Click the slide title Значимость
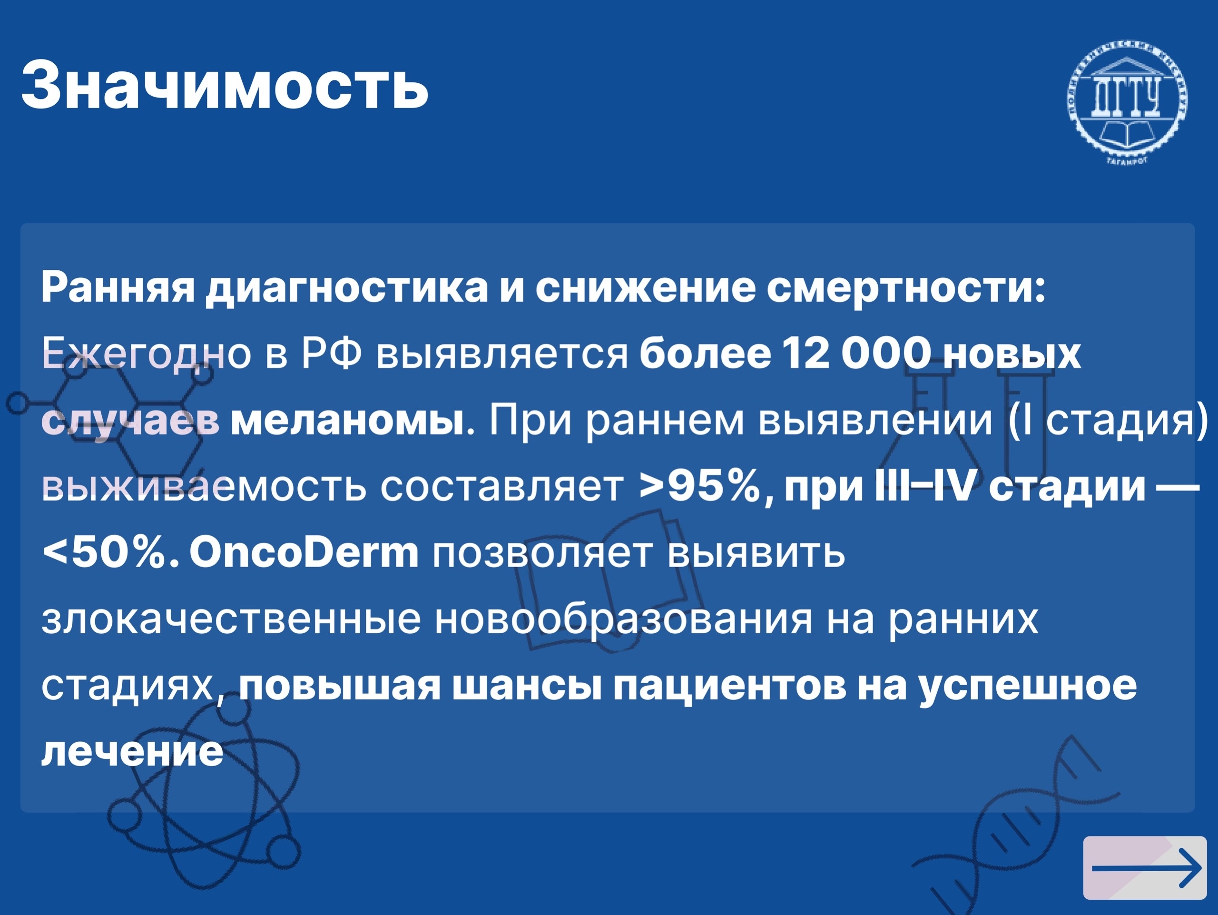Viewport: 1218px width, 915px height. (x=225, y=86)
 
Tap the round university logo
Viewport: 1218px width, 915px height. (x=1127, y=99)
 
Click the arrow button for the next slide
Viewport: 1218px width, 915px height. (x=1145, y=867)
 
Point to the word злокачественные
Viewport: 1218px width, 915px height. (x=231, y=618)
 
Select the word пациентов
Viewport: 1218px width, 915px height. (x=729, y=686)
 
